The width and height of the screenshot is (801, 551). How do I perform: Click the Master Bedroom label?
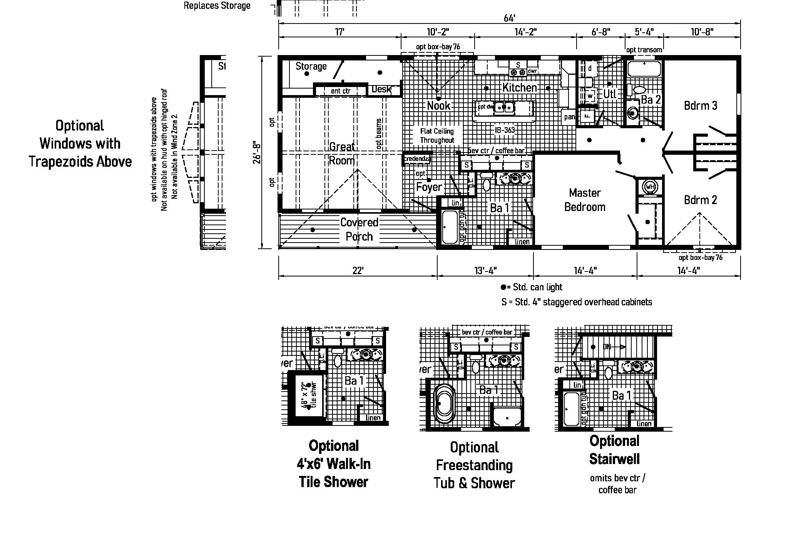point(584,200)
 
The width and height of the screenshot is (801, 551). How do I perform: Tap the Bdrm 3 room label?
point(700,106)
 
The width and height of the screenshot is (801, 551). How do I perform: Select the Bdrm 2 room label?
point(700,200)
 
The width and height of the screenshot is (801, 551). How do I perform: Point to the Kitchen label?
point(519,87)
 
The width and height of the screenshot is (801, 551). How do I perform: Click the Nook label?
point(438,106)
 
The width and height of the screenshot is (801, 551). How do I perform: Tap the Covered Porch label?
point(359,229)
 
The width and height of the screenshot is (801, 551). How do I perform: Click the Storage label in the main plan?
point(311,66)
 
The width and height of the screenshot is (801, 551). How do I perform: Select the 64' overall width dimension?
point(509,18)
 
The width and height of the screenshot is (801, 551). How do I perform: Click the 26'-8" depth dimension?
point(257,153)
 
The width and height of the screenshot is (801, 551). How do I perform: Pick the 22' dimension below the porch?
point(358,271)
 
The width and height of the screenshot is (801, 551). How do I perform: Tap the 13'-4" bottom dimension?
point(485,271)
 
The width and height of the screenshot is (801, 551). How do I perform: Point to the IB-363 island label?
point(504,130)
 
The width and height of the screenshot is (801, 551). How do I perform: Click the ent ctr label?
point(340,91)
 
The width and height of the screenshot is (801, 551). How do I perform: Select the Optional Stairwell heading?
point(614,450)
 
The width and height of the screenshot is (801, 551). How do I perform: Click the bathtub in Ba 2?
point(644,69)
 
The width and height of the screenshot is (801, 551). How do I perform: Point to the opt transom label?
point(644,50)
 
